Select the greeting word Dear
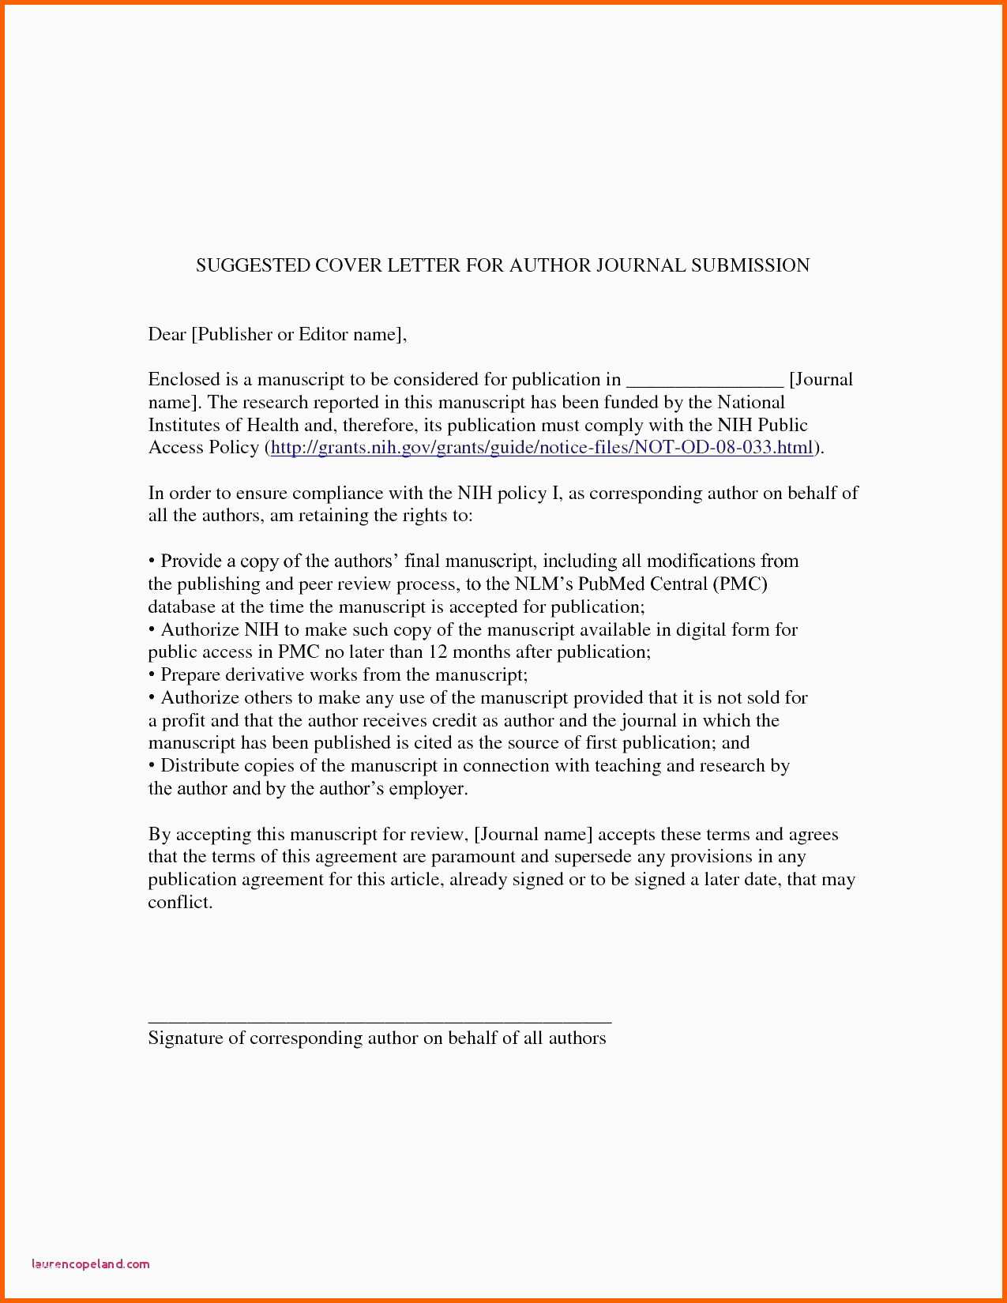pyautogui.click(x=167, y=334)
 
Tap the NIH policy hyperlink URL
pyautogui.click(x=542, y=448)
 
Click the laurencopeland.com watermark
pyautogui.click(x=91, y=1264)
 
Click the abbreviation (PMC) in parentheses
pyautogui.click(x=739, y=584)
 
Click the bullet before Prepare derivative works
pyautogui.click(x=152, y=675)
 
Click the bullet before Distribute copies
pyautogui.click(x=152, y=766)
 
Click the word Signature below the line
pyautogui.click(x=186, y=1038)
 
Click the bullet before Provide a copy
pyautogui.click(x=152, y=561)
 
